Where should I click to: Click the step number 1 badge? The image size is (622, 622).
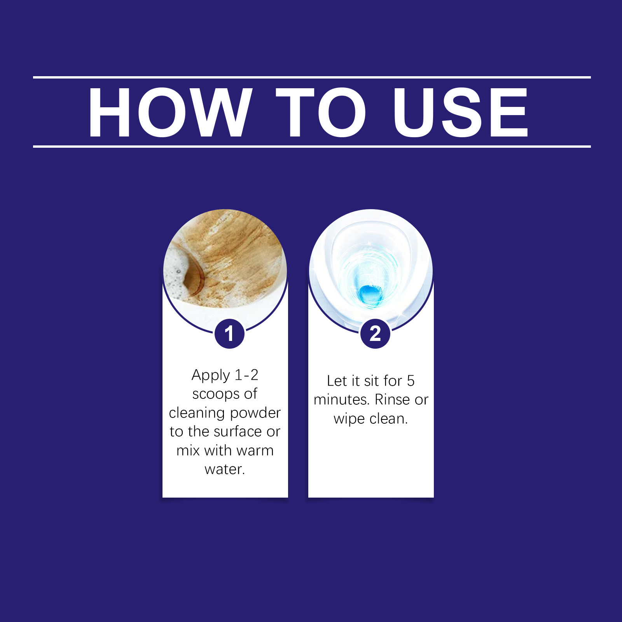(229, 334)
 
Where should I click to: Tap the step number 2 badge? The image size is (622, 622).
(375, 334)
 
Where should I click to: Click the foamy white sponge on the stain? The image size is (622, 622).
(177, 272)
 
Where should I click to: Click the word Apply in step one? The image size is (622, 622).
(211, 376)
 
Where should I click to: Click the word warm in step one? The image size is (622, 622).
(255, 451)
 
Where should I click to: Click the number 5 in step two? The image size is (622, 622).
(411, 381)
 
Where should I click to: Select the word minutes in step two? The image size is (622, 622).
(341, 400)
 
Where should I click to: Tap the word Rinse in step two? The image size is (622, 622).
(392, 400)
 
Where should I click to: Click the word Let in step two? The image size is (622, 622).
(337, 381)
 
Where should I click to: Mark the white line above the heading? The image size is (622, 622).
(312, 77)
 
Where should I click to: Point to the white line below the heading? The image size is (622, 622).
(312, 147)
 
